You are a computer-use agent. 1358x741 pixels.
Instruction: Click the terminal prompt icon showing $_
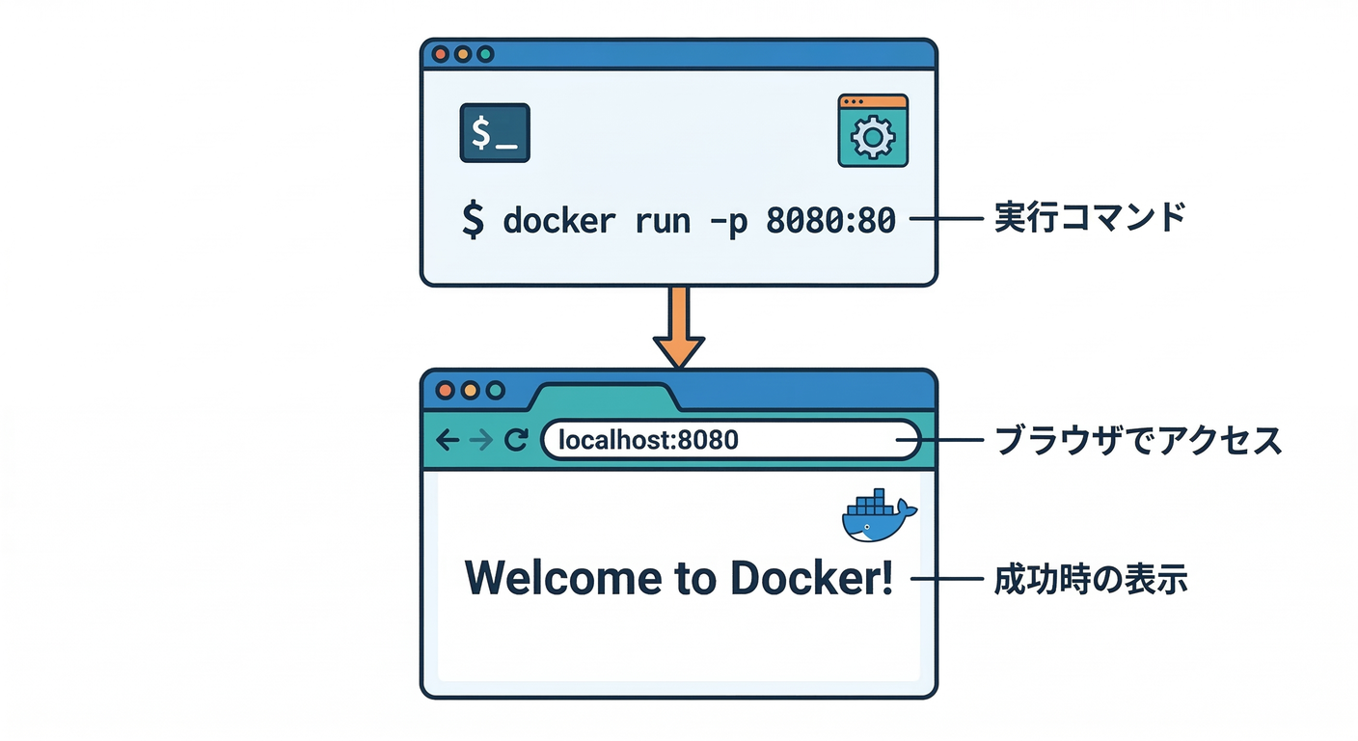495,133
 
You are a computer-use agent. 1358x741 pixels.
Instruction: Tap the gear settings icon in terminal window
873,131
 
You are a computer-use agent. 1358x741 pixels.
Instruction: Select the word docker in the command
558,221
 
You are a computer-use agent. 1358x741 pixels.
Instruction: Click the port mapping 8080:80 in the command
830,221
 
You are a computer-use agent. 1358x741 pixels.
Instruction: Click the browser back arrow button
447,441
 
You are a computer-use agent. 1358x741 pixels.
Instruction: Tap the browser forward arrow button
480,441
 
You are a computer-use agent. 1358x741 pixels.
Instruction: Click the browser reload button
516,441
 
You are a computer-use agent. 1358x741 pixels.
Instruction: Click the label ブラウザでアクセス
1138,441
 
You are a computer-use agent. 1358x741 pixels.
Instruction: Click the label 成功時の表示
1090,579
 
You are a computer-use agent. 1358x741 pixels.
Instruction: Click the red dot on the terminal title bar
440,55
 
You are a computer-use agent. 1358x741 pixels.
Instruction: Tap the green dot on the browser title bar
496,391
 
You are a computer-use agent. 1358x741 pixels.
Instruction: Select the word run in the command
663,221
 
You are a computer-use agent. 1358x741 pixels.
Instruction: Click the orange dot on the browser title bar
471,391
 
